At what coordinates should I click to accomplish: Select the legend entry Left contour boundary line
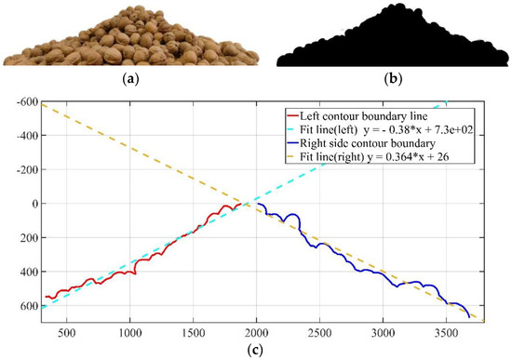coord(348,113)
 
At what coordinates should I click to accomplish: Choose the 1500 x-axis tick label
coord(193,330)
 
